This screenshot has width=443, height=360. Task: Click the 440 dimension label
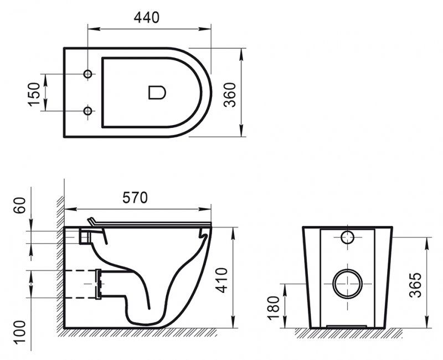(146, 17)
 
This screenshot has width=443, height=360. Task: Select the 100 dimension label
(18, 333)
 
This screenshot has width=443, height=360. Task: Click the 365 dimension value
(416, 284)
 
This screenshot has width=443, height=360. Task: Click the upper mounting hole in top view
(87, 74)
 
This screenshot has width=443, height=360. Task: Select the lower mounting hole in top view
(87, 111)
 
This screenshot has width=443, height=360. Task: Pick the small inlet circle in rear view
(347, 238)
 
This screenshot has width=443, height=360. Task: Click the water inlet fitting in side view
(84, 236)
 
